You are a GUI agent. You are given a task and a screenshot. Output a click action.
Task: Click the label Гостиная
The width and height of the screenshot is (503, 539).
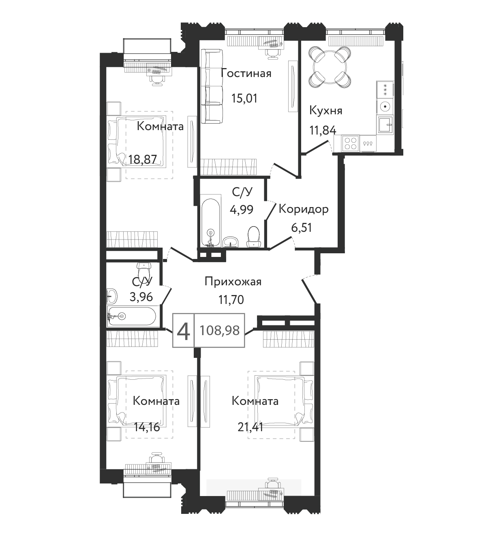tap(246, 73)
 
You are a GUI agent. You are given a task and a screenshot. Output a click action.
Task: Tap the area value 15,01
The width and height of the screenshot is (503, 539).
tap(244, 98)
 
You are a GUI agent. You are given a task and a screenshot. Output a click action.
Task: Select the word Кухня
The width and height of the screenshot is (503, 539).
tap(326, 111)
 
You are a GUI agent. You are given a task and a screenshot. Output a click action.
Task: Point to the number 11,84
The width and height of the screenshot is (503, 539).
tap(323, 130)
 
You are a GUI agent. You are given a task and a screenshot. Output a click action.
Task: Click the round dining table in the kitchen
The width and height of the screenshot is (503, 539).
tap(330, 67)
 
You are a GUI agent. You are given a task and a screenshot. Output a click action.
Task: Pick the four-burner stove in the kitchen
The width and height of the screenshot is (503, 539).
tap(350, 143)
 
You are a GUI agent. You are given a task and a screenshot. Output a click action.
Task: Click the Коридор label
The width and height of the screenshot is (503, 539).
tap(304, 209)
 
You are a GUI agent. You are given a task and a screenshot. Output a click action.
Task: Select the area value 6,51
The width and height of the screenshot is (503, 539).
tap(301, 227)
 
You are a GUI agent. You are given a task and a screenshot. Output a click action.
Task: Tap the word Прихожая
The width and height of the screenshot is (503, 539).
tap(233, 282)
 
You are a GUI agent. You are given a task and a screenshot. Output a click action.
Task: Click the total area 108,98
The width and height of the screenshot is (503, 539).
tap(219, 330)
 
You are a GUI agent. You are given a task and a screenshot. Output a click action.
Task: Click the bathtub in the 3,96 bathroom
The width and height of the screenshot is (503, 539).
tap(132, 316)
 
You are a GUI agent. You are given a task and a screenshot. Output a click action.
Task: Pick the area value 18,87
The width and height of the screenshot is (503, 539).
tap(143, 160)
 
